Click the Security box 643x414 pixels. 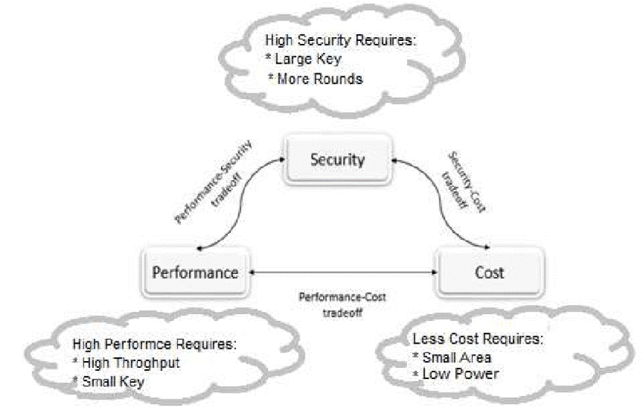[x=337, y=160]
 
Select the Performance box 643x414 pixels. [x=197, y=272]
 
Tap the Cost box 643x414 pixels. [x=489, y=272]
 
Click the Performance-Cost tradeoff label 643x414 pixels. [x=341, y=303]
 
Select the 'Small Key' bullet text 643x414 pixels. [x=113, y=381]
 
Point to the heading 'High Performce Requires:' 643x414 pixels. [x=155, y=344]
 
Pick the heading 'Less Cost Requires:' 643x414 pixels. [x=477, y=338]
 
